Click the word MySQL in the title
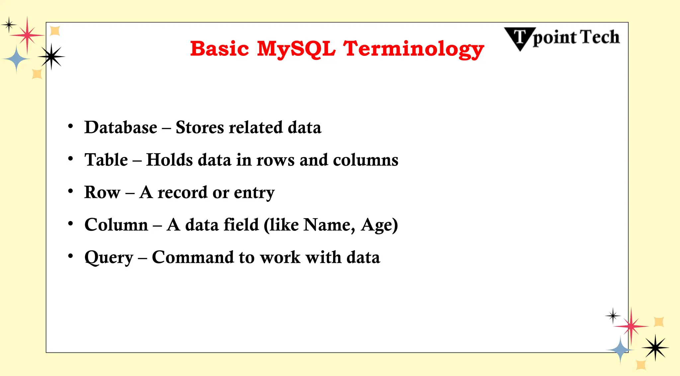[296, 49]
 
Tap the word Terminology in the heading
[413, 49]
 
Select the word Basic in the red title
[219, 49]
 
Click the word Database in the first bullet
[121, 127]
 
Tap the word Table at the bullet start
[106, 160]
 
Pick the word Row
[102, 192]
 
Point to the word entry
[254, 193]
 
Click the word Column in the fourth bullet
[116, 225]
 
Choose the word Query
[109, 258]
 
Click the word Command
[193, 257]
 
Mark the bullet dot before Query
[70, 256]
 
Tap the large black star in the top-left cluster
[51, 57]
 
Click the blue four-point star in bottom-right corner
[620, 350]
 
